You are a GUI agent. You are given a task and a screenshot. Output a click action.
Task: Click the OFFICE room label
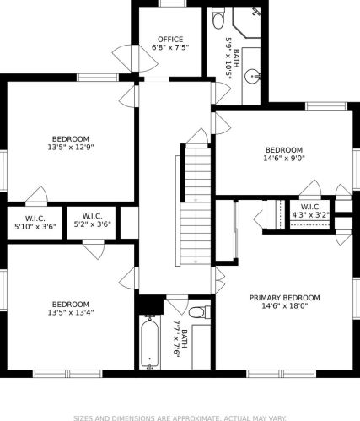(x=170, y=40)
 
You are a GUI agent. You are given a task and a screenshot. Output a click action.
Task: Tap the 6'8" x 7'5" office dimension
(x=170, y=47)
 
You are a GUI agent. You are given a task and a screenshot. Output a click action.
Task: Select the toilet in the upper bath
(x=218, y=18)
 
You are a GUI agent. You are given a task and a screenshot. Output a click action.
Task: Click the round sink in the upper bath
(x=252, y=76)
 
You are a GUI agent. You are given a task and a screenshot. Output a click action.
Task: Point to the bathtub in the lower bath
(x=150, y=343)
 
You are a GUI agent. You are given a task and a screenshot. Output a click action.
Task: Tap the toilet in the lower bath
(x=199, y=312)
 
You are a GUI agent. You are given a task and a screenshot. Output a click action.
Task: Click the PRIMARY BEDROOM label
(x=285, y=298)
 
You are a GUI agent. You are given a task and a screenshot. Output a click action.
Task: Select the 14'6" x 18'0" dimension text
(x=285, y=305)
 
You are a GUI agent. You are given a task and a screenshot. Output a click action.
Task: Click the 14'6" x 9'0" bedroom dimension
(x=284, y=158)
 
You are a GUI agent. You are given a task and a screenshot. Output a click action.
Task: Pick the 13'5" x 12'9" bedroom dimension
(x=71, y=147)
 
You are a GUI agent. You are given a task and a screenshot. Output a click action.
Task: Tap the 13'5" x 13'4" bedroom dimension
(x=71, y=312)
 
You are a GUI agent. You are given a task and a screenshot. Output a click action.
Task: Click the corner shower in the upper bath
(x=247, y=23)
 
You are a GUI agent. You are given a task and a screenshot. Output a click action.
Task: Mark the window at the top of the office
(x=172, y=3)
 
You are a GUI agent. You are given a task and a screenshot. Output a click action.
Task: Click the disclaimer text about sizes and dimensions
(x=180, y=418)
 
